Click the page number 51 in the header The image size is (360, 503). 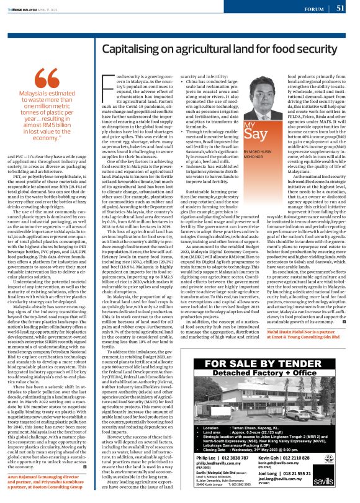[x=340, y=8]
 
